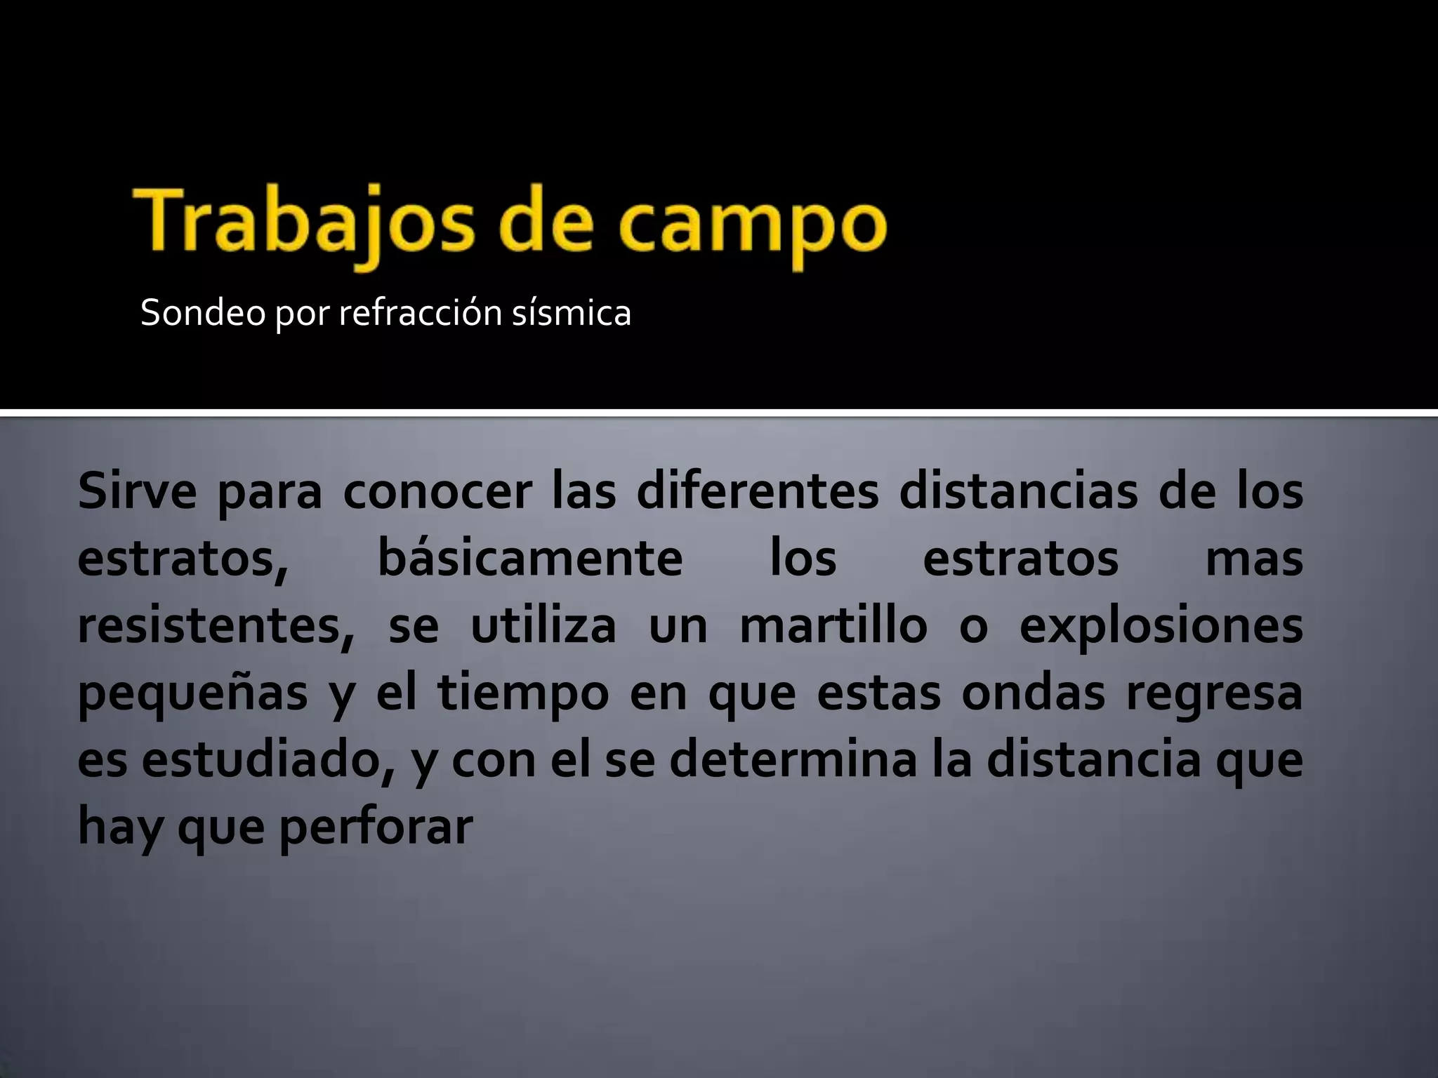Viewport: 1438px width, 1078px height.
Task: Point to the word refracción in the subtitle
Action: pos(420,313)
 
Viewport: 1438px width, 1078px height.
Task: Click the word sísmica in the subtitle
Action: pos(571,313)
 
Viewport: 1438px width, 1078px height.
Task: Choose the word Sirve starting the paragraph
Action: pos(138,491)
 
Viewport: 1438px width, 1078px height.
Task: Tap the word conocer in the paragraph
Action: pos(436,491)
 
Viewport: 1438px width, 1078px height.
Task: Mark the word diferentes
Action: pos(758,491)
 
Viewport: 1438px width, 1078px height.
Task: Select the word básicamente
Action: pos(530,559)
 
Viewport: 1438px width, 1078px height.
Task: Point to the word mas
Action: pos(1254,559)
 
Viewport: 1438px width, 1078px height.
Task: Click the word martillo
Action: pos(833,626)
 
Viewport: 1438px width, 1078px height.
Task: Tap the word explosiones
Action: pos(1161,626)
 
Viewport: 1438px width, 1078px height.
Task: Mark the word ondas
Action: pos(1033,693)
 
